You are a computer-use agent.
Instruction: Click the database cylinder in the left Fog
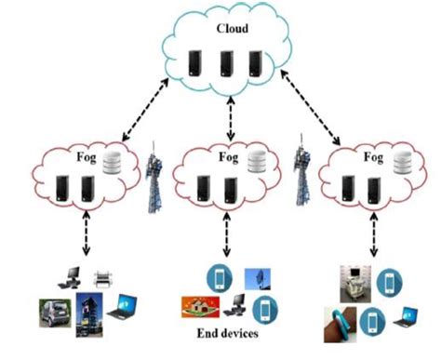(112, 164)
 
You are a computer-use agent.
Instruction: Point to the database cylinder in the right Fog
(402, 164)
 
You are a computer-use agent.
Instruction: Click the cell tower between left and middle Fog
(155, 180)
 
